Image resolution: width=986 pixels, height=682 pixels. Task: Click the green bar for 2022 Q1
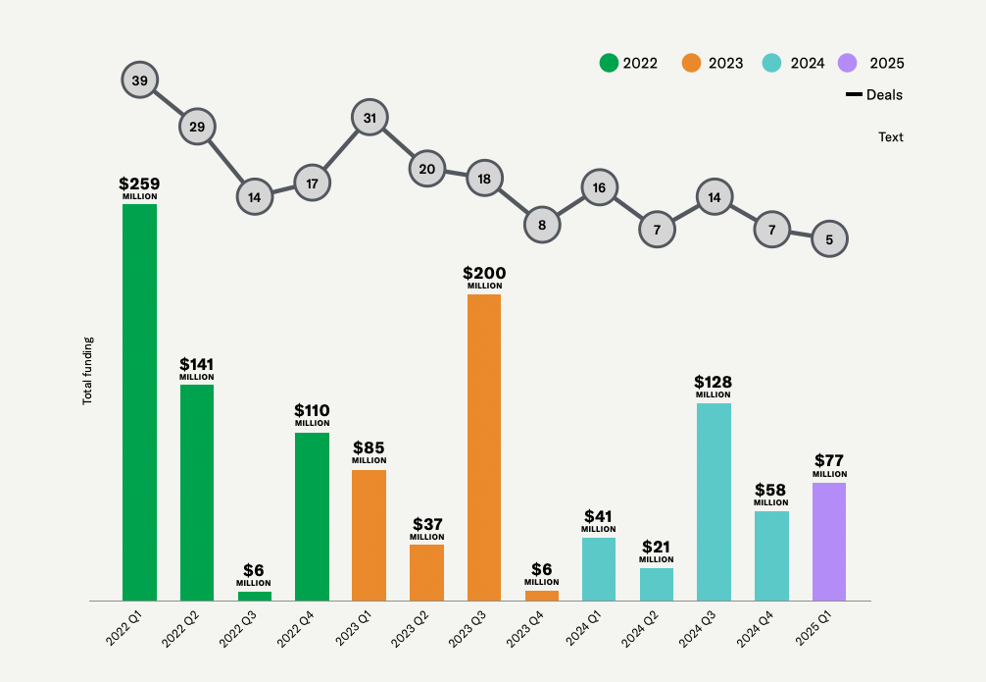(139, 402)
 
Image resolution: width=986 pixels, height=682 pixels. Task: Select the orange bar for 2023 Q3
(484, 447)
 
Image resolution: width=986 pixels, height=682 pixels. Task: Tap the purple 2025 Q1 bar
(829, 542)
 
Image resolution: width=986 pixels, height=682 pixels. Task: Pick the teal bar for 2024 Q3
(714, 501)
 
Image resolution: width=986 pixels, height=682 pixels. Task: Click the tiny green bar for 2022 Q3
(255, 596)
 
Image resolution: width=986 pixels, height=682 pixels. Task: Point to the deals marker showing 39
(139, 80)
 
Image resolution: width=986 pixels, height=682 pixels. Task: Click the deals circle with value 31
(370, 118)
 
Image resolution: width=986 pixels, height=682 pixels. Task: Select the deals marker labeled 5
(829, 238)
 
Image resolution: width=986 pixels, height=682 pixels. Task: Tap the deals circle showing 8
(542, 225)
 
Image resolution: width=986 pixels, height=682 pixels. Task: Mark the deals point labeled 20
(426, 169)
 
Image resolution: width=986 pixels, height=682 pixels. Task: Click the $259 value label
(139, 184)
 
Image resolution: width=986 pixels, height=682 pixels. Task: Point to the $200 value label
(484, 274)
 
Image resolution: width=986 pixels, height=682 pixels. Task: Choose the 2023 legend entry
(713, 63)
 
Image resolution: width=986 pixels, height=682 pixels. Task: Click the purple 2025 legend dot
(848, 63)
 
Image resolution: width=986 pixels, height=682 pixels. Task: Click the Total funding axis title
(87, 371)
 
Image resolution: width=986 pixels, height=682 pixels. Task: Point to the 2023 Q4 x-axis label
(532, 627)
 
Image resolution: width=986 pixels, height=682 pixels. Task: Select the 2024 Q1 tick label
(590, 627)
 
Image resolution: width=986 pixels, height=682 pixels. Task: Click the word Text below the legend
(890, 137)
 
